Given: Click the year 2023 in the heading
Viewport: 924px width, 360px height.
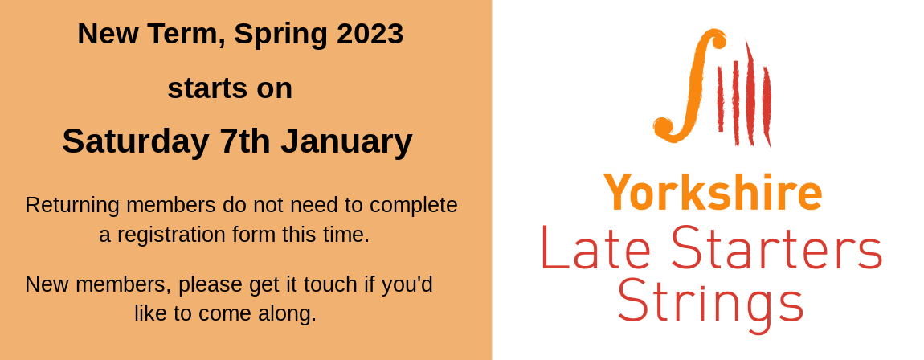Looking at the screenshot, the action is click(x=370, y=34).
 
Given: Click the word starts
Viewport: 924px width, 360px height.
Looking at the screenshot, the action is click(x=206, y=89).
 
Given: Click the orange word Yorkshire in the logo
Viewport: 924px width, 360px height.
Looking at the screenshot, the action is click(x=713, y=193).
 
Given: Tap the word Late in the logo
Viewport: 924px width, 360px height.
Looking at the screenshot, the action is click(x=595, y=247).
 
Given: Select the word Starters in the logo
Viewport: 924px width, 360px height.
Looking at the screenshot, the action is click(x=777, y=247).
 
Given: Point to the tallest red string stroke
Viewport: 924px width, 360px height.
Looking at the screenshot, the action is click(x=750, y=92).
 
